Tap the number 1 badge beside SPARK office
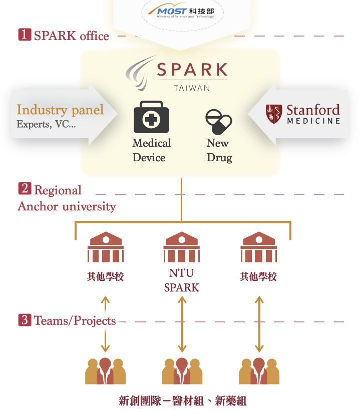(x=25, y=35)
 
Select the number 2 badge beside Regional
(x=25, y=189)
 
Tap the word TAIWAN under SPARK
(x=192, y=88)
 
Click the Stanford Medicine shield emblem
(x=273, y=113)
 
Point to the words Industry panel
(x=60, y=110)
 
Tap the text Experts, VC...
(x=46, y=124)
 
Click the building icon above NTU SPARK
(x=181, y=247)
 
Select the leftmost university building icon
(x=105, y=247)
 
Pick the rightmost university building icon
(x=258, y=247)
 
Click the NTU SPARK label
(x=181, y=281)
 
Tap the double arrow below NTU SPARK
(x=182, y=324)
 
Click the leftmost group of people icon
(x=105, y=371)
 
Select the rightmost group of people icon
(x=258, y=371)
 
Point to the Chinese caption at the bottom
(x=182, y=400)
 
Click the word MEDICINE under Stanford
(x=313, y=121)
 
